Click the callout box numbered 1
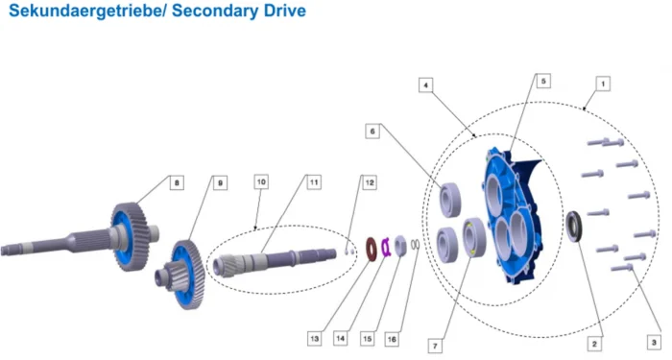click(x=603, y=84)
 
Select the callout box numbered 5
click(x=543, y=81)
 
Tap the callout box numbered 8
click(x=177, y=183)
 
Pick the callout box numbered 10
click(x=261, y=182)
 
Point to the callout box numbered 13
click(x=315, y=339)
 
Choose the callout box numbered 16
click(x=392, y=340)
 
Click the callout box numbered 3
click(x=654, y=343)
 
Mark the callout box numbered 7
click(x=435, y=346)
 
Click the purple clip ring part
click(x=385, y=247)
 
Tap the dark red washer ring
click(x=372, y=248)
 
